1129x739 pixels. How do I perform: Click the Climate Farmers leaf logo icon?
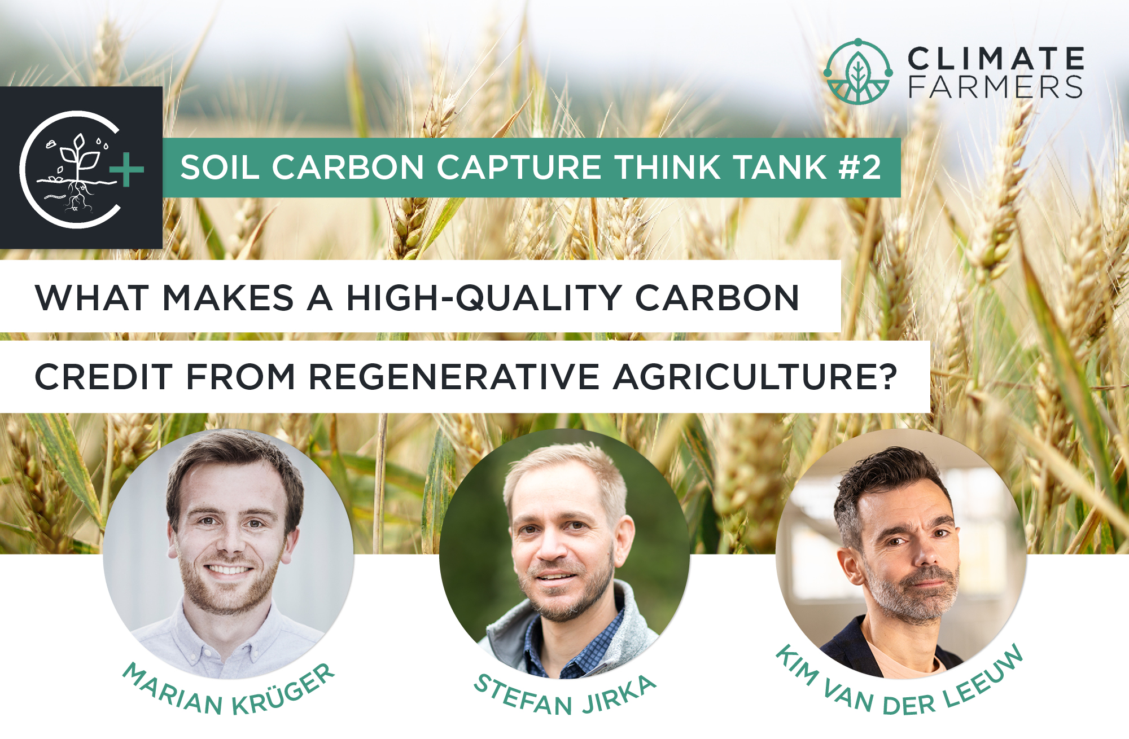click(858, 72)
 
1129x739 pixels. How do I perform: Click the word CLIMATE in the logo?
click(996, 59)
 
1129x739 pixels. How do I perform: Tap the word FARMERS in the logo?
click(996, 87)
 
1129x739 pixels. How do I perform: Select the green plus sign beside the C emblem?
click(126, 169)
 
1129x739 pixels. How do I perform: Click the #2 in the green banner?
click(860, 168)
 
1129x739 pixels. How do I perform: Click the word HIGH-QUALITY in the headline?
click(484, 298)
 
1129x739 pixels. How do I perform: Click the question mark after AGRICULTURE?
click(887, 376)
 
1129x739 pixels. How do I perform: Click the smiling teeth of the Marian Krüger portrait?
click(229, 570)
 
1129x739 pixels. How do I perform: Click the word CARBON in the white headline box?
click(717, 298)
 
